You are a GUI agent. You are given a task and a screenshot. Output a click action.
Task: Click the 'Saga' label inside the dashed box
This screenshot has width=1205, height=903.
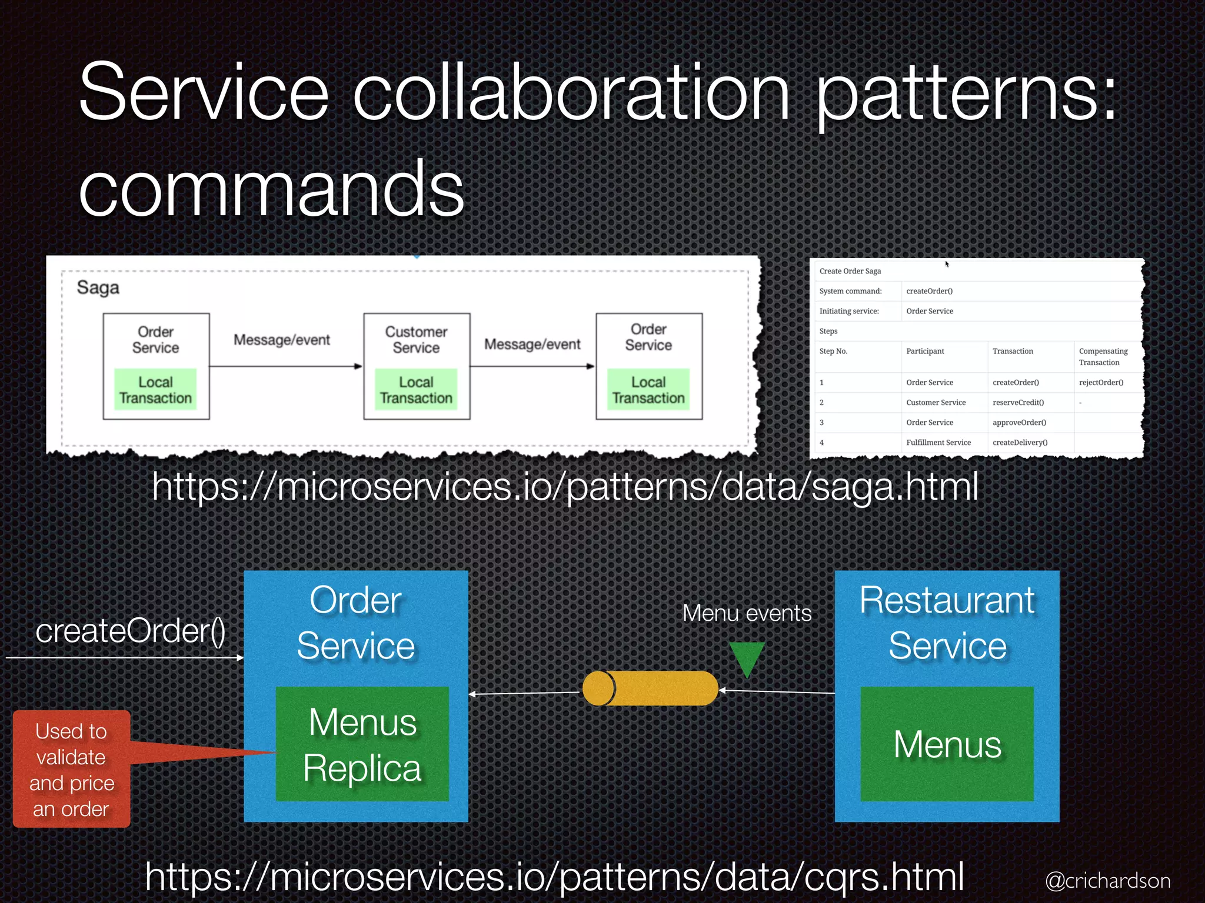coord(98,287)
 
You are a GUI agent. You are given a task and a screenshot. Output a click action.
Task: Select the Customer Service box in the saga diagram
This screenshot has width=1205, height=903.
coord(416,340)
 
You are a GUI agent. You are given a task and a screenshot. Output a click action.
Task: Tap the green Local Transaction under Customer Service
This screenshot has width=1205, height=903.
coord(416,390)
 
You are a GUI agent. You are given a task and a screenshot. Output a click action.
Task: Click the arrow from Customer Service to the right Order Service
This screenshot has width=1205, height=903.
coord(532,366)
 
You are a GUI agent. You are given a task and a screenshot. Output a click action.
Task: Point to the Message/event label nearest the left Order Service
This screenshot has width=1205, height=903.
coord(281,340)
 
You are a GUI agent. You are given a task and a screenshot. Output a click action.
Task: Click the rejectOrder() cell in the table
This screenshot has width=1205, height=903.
coord(1101,383)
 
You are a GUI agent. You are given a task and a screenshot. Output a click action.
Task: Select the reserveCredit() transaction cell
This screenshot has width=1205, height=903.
coord(1018,403)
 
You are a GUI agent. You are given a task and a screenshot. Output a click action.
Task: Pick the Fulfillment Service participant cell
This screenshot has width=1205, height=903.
coord(938,443)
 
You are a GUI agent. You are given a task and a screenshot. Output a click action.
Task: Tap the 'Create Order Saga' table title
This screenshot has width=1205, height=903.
coord(850,271)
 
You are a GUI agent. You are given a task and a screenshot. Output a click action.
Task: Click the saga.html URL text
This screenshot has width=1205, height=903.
coord(565,487)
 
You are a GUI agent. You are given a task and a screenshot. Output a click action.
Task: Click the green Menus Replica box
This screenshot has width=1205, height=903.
coord(362,744)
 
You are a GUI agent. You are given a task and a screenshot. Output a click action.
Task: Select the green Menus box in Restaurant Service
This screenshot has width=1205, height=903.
coord(947,744)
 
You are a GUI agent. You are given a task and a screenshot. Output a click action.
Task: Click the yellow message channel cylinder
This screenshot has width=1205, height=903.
coord(650,688)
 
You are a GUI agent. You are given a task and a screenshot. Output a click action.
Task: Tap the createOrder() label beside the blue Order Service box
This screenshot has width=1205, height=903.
coord(130,631)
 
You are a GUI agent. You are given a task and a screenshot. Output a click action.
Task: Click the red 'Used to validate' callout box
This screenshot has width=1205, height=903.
coord(71,769)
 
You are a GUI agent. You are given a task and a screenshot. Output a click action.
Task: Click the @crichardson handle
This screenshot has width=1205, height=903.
coord(1107,881)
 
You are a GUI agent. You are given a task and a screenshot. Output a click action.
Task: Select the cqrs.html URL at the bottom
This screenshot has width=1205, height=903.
coord(554,876)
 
